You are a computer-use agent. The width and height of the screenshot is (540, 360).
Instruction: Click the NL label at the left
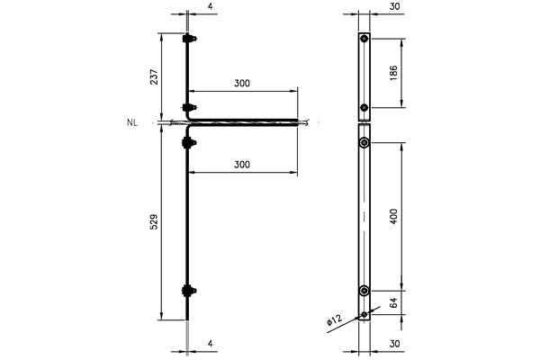click(132, 122)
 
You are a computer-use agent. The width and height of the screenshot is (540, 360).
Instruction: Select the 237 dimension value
click(154, 76)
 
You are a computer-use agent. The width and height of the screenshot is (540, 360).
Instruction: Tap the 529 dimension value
click(154, 222)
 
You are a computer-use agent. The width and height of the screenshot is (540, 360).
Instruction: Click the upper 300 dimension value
click(242, 83)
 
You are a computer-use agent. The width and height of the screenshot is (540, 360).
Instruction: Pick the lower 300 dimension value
click(242, 165)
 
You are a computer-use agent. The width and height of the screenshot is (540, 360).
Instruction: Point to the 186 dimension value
click(393, 73)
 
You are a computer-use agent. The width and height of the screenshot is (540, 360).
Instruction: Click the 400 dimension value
click(393, 216)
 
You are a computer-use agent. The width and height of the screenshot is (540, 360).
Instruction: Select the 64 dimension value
click(393, 302)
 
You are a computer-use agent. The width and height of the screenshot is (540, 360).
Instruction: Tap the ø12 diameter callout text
click(334, 320)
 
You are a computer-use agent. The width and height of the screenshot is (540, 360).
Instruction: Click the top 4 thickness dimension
click(211, 7)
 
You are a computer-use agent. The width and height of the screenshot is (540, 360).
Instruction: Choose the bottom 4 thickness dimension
click(211, 344)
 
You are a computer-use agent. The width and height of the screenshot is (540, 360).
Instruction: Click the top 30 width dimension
click(395, 6)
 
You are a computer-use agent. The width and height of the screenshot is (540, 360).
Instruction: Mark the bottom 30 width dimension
click(395, 344)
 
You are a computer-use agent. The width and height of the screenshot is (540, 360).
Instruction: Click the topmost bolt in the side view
click(189, 39)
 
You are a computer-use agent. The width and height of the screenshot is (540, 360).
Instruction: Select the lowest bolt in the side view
click(189, 291)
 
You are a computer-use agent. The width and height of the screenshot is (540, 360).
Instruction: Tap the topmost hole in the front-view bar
click(364, 39)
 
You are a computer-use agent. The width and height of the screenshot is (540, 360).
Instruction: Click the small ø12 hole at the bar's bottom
click(364, 314)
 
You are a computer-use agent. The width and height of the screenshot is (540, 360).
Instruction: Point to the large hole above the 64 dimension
click(364, 291)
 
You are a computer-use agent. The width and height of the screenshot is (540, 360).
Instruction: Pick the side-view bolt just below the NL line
click(189, 142)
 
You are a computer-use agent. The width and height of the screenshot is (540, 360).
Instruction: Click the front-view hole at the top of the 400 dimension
click(364, 142)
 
